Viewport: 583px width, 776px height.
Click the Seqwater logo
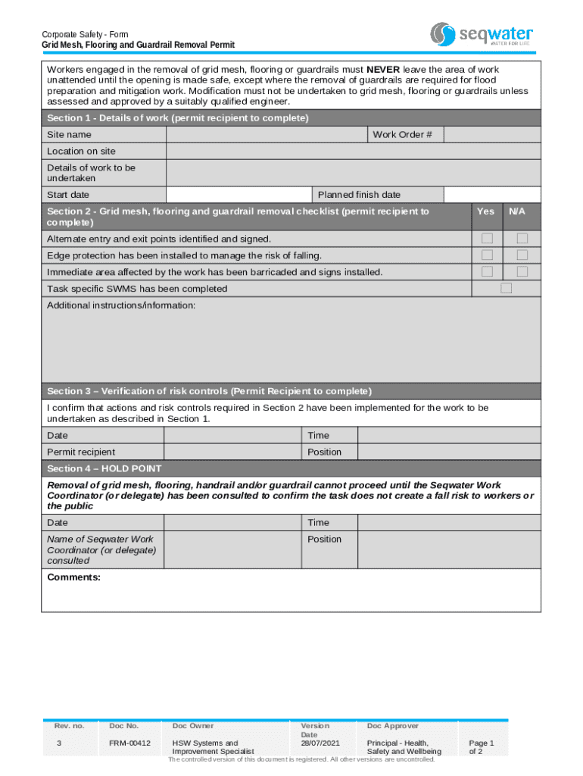tap(482, 34)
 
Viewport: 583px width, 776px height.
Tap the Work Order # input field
tap(491, 134)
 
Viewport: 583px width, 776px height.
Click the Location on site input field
tap(353, 151)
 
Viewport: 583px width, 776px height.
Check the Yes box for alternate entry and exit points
tap(487, 239)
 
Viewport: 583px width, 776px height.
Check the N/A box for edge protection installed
tap(522, 255)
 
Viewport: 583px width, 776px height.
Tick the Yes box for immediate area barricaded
tap(487, 272)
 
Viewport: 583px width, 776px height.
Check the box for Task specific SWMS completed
tap(506, 289)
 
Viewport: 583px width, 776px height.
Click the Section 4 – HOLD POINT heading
tap(104, 468)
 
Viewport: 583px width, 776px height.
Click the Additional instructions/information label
tap(121, 305)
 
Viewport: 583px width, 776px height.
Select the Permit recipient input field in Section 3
tap(232, 452)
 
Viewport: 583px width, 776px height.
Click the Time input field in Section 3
tap(448, 435)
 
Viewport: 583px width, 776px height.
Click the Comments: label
tap(73, 577)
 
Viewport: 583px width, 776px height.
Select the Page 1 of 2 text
tap(481, 747)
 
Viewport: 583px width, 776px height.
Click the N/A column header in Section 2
tap(516, 211)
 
